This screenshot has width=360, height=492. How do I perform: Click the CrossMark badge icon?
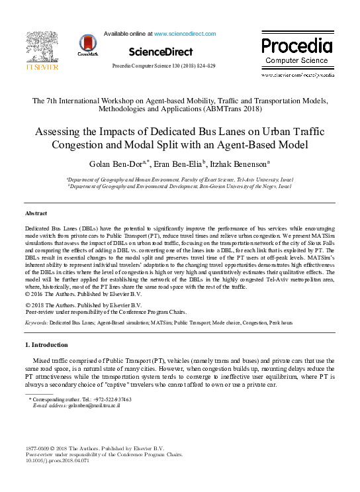click(x=87, y=44)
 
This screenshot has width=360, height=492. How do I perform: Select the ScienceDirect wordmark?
click(x=161, y=52)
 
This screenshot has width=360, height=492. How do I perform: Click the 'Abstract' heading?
click(x=36, y=213)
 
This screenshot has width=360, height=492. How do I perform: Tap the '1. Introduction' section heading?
click(x=46, y=345)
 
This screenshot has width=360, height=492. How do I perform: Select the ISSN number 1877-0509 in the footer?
click(x=38, y=449)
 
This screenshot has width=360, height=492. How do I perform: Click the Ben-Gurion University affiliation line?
click(x=179, y=187)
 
